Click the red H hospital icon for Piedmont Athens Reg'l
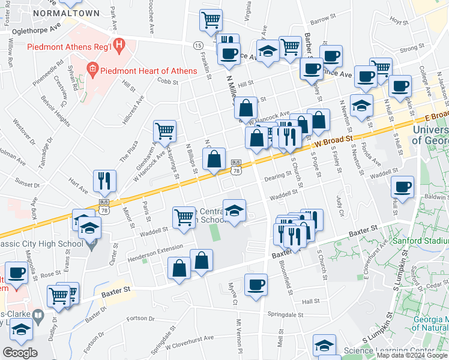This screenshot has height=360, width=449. click(x=119, y=44)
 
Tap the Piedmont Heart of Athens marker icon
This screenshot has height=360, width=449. click(x=93, y=71)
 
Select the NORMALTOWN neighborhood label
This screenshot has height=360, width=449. click(x=58, y=12)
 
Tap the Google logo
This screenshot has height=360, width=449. click(x=20, y=353)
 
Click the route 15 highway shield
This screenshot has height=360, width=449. click(x=197, y=46)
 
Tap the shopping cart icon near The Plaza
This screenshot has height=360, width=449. click(x=164, y=130)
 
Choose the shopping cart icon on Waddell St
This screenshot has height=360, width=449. click(x=184, y=217)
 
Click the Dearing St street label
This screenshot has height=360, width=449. click(x=277, y=175)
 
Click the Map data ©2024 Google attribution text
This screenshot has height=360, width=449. click(x=412, y=356)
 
